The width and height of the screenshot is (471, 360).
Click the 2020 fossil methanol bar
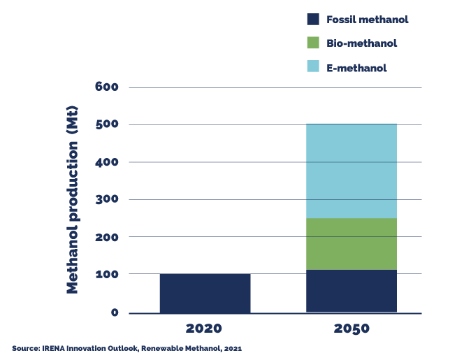(205, 293)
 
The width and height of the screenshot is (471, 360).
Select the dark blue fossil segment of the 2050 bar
(352, 291)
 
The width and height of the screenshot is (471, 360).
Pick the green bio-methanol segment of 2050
(352, 243)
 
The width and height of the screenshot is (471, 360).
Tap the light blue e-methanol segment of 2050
(352, 171)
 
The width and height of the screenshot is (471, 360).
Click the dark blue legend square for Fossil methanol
(313, 20)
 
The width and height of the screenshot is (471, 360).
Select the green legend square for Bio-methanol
(313, 43)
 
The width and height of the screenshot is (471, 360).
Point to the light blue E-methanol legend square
(313, 67)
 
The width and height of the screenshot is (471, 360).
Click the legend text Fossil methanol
(367, 20)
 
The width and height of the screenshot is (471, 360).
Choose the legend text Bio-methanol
(362, 43)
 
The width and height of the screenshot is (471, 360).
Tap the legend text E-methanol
(356, 68)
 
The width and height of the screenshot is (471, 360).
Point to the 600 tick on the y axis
(107, 87)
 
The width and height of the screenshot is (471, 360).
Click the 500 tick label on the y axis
(107, 125)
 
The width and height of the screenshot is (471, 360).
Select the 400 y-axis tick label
(107, 162)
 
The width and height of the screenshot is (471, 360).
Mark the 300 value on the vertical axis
(107, 200)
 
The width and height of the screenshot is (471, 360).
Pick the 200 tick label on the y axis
(107, 237)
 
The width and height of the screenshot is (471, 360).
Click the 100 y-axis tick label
(107, 275)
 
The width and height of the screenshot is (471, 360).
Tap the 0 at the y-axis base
(115, 312)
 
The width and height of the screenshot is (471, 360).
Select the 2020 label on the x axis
(204, 328)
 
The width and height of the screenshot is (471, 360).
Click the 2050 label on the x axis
(352, 328)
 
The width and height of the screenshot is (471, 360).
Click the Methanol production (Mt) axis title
(73, 199)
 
